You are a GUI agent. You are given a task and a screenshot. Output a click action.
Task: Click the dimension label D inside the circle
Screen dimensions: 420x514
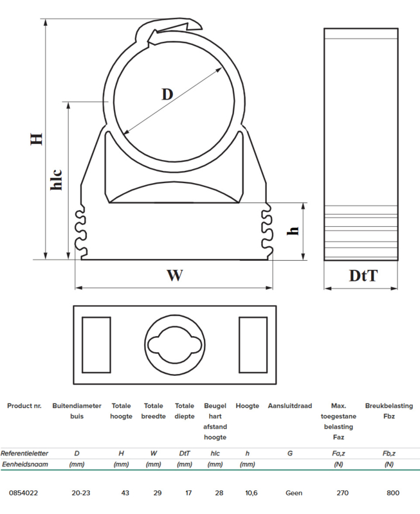click(x=167, y=94)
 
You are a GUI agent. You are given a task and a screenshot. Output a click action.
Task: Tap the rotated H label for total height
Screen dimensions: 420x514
click(x=37, y=139)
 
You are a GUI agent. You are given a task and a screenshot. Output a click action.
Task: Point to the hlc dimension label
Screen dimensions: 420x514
click(x=57, y=179)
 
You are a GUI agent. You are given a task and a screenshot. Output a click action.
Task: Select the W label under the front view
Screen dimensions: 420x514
click(x=174, y=276)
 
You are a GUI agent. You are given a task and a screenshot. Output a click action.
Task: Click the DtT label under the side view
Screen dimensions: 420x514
click(x=363, y=276)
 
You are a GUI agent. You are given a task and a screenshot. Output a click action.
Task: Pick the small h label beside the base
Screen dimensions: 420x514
click(x=293, y=231)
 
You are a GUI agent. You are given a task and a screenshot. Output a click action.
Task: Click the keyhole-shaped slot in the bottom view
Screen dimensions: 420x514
click(x=174, y=344)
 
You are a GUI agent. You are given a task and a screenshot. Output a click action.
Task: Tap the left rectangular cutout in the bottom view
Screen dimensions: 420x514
click(x=96, y=345)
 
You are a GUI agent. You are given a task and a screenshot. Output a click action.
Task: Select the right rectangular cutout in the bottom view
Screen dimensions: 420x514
click(x=253, y=345)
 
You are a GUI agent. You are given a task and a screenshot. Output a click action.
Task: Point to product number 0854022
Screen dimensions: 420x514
click(x=23, y=493)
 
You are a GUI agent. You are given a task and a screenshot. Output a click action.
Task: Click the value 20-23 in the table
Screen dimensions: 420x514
click(x=80, y=493)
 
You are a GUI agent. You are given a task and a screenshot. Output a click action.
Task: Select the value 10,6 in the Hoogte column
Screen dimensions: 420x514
click(x=251, y=493)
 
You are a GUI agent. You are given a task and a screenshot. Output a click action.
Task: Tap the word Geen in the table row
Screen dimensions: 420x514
click(x=294, y=493)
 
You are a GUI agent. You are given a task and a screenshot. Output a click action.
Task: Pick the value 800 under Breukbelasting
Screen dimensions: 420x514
click(x=393, y=493)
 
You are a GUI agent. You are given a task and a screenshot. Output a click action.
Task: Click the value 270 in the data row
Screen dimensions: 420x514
click(x=343, y=493)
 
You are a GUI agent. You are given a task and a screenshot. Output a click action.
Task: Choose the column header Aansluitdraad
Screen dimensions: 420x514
click(x=289, y=406)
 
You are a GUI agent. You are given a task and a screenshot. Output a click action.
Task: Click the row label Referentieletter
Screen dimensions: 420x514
click(x=24, y=454)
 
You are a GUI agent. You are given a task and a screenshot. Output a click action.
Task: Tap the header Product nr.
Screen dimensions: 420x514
click(x=24, y=406)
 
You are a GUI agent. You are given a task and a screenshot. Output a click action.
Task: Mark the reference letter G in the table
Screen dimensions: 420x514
click(x=289, y=454)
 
